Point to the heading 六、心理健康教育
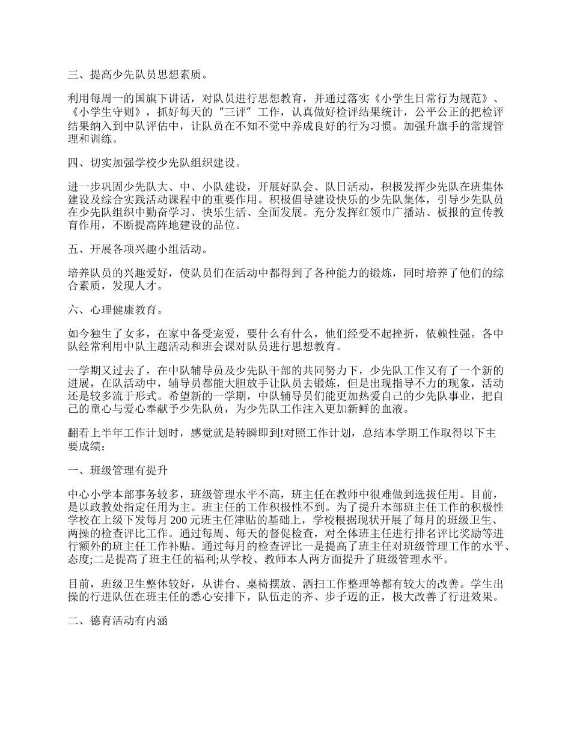[x=116, y=310]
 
